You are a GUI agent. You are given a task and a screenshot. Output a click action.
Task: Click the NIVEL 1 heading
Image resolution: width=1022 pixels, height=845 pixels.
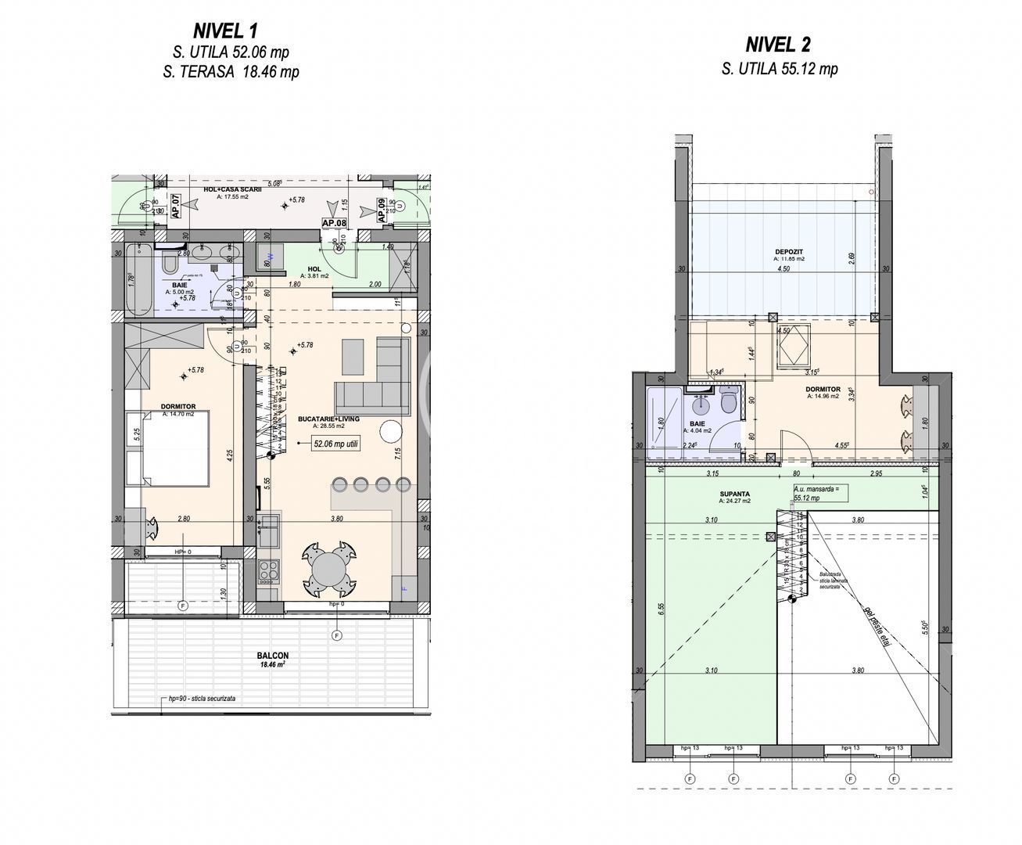[x=225, y=31]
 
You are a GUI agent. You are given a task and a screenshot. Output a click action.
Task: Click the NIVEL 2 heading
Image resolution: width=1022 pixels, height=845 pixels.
[x=779, y=43]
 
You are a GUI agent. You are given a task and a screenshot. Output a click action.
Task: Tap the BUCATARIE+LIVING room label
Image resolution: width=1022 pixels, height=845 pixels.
[x=328, y=419]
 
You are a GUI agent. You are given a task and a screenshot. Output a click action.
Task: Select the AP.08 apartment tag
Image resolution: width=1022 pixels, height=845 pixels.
[x=335, y=223]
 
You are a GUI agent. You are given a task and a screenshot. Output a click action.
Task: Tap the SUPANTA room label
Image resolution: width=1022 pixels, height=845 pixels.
[x=735, y=494]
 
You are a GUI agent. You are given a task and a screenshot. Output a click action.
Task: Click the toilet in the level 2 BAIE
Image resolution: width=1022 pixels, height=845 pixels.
[x=729, y=403]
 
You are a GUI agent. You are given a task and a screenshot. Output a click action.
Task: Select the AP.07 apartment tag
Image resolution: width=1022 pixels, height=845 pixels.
[x=176, y=207]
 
